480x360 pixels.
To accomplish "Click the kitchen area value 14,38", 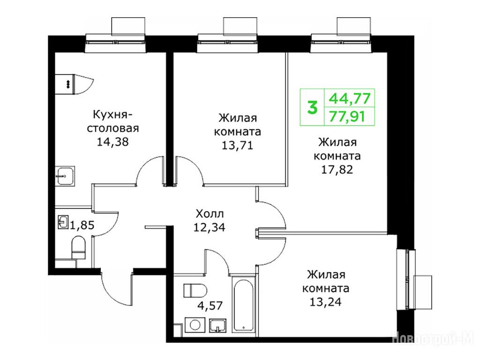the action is tap(112, 142).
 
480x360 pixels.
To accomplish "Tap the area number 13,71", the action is tap(238, 145).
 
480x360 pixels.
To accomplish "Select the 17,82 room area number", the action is tap(337, 169).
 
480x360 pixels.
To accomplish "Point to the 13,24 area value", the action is tap(325, 302).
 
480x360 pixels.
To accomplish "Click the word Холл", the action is tap(210, 213).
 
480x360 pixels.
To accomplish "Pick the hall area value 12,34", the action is tap(210, 227).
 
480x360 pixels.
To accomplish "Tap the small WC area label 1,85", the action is tap(82, 225).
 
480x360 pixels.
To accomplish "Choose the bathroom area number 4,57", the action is tap(210, 305).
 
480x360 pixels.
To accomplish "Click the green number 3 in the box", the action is tap(312, 107).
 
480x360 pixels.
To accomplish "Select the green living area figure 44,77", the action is tap(350, 98).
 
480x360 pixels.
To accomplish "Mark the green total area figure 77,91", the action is tap(347, 116).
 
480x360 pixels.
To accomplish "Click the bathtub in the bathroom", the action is tap(244, 305).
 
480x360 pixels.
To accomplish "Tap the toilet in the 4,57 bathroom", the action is tap(195, 291).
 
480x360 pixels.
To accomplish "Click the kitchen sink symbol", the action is tap(65, 176).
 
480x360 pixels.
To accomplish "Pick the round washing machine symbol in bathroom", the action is tap(195, 325).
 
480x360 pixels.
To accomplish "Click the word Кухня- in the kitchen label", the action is tap(112, 115).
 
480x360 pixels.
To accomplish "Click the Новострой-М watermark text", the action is tap(433, 337).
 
